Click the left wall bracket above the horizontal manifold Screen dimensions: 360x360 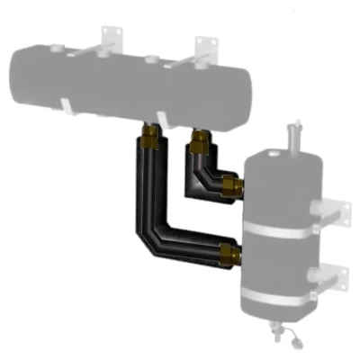coord(112,36)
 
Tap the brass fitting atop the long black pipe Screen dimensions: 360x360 coord(148,137)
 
